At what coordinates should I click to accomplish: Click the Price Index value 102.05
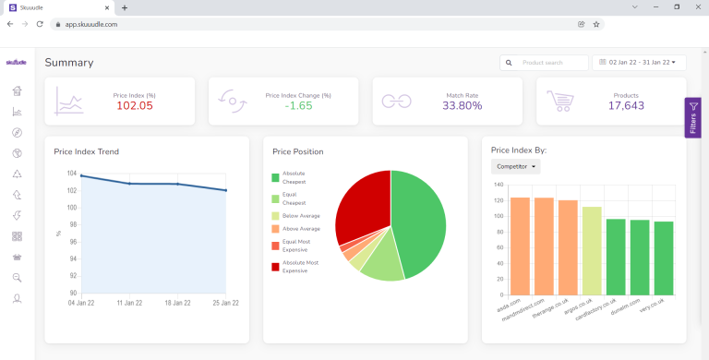tap(134, 106)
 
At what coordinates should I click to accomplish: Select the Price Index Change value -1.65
tap(298, 106)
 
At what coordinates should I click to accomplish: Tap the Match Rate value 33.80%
tap(463, 106)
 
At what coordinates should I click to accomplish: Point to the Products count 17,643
tap(626, 106)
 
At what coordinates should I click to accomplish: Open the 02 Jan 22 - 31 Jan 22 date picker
tap(639, 63)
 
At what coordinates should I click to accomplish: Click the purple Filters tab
tap(693, 118)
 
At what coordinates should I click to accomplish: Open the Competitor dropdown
tap(516, 166)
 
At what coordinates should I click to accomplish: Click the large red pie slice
tap(360, 203)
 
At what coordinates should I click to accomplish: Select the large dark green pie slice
tap(420, 222)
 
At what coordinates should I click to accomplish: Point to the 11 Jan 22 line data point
tap(130, 184)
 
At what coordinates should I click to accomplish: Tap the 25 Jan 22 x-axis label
tap(225, 302)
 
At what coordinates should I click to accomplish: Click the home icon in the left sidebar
tap(17, 90)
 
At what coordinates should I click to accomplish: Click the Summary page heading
tap(69, 63)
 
